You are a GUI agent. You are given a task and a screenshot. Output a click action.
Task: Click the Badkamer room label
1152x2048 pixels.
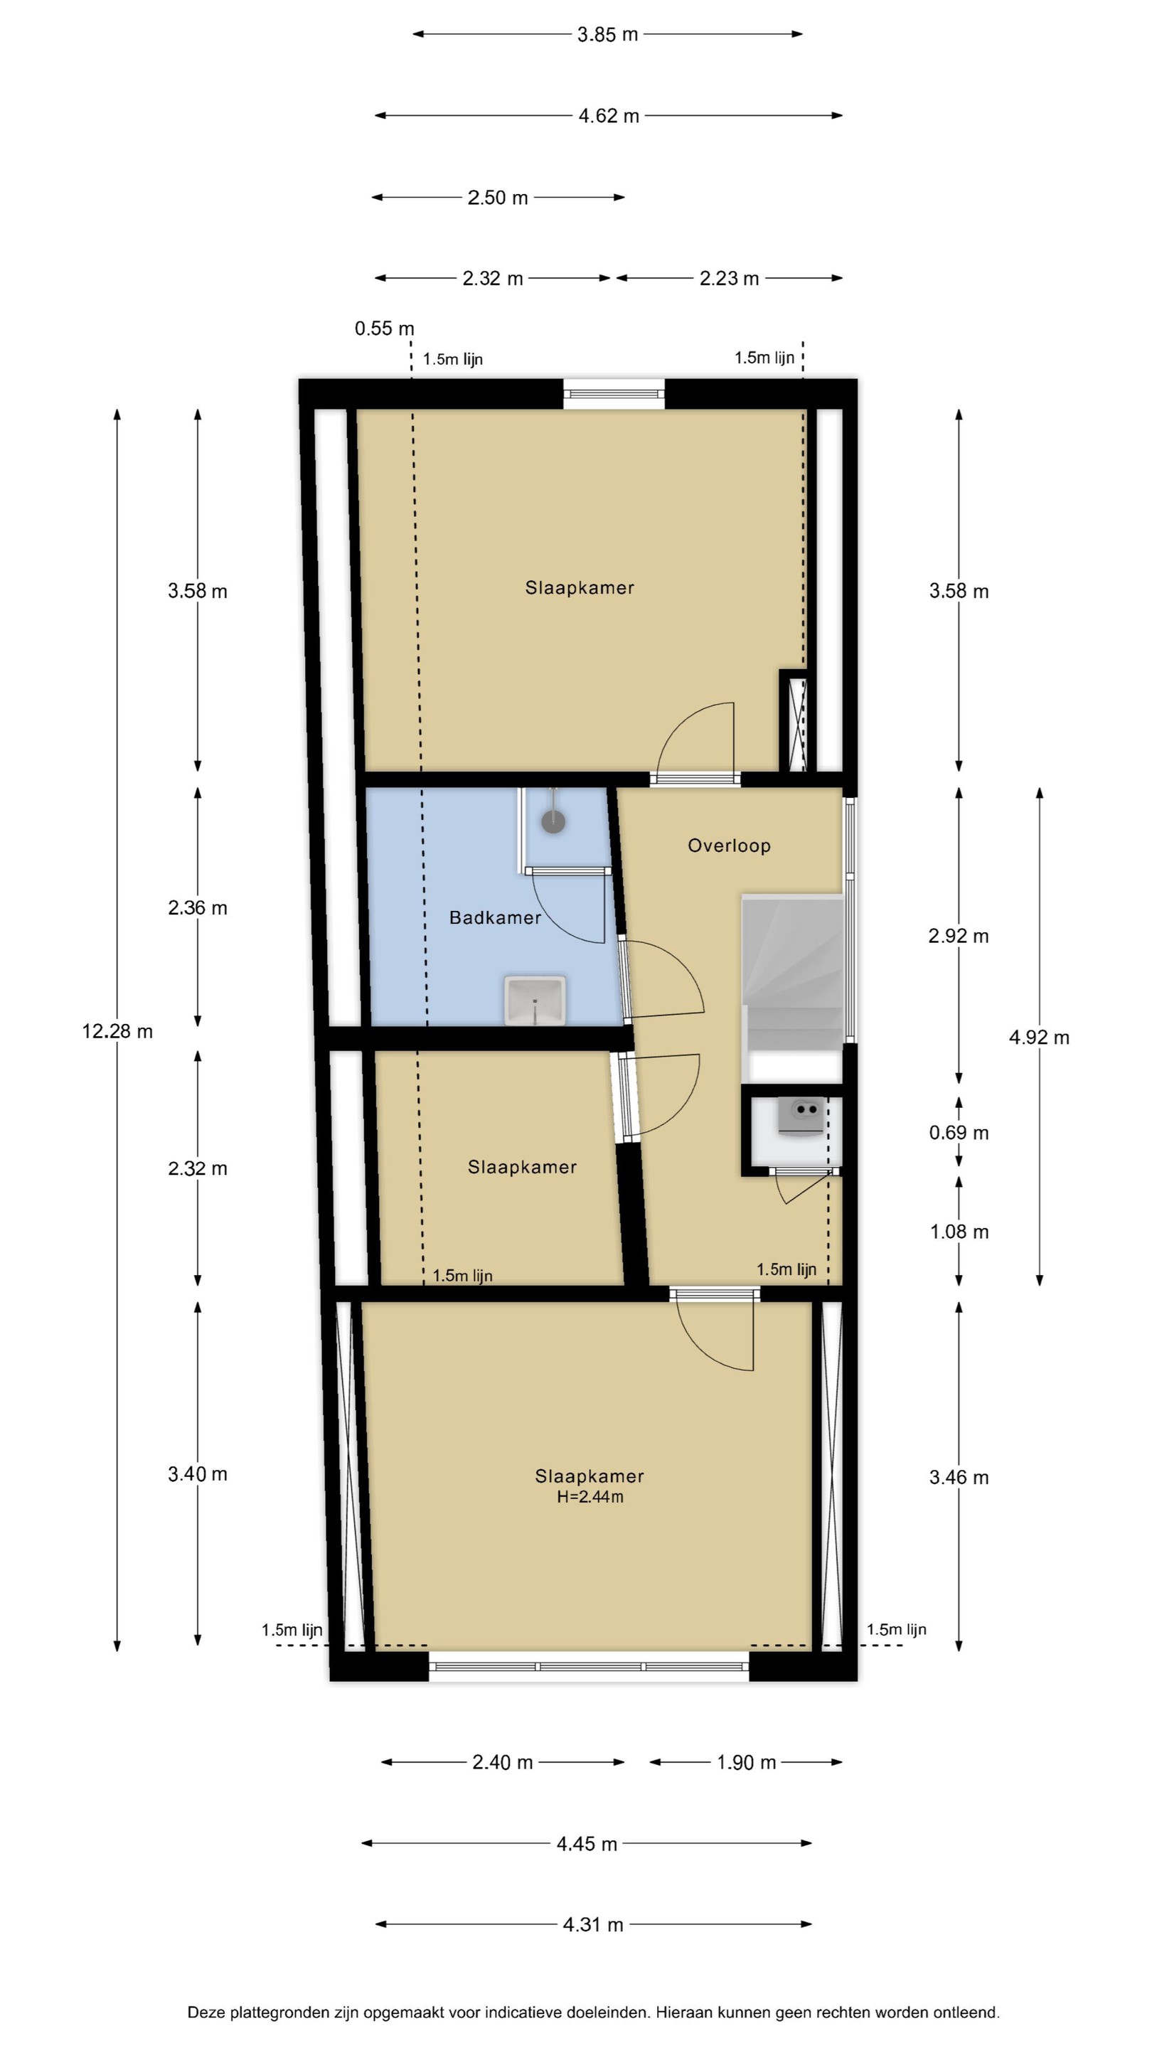pos(494,917)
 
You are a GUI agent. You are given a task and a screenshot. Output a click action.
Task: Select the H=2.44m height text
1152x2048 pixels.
pos(589,1497)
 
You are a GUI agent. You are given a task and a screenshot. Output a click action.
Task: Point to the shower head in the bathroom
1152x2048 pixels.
pos(553,821)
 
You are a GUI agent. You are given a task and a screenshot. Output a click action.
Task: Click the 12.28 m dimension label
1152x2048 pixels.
pos(117,1032)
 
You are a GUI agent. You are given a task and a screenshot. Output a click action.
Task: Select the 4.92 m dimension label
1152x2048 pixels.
pos(1039,1038)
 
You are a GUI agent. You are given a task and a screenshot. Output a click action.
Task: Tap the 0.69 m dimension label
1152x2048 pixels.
pos(959,1133)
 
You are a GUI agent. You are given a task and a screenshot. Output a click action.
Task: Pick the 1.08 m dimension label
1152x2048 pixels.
pos(959,1232)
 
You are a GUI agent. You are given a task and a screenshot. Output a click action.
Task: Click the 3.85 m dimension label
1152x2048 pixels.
pos(607,35)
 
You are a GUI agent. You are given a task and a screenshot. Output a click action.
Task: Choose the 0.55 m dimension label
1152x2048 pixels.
pos(384,329)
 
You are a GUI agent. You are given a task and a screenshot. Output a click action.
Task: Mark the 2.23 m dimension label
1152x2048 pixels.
pos(729,279)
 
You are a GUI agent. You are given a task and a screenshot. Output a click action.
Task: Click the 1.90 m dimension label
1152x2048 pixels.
pos(746,1763)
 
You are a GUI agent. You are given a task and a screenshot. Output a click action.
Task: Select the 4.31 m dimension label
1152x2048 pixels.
pos(592,1925)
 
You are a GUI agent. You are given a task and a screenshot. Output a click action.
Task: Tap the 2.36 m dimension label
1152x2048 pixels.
pos(197,908)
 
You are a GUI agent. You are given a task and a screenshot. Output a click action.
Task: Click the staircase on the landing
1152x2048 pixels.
pos(792,988)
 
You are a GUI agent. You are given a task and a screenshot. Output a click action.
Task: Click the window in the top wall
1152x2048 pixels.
pos(614,393)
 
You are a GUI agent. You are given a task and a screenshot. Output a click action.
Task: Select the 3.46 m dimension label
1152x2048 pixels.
pos(959,1478)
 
